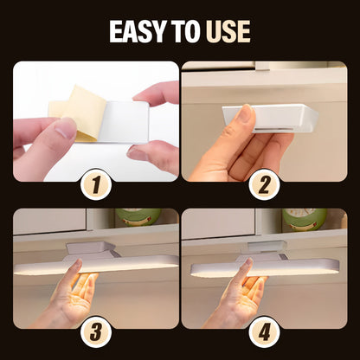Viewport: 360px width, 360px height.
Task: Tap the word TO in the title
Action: pos(186,31)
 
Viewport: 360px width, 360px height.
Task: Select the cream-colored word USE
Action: pos(228,31)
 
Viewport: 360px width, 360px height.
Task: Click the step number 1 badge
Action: pos(96,184)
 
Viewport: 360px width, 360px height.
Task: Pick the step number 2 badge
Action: pos(264,184)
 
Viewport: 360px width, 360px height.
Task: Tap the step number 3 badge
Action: pos(96,332)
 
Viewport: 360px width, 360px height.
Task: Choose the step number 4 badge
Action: pos(264,332)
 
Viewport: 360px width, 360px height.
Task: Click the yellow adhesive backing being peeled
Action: pos(80,112)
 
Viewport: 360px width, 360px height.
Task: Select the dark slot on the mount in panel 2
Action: pos(275,129)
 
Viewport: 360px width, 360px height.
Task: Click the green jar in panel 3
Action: pos(138,217)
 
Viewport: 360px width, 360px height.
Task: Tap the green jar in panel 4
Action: pos(305,219)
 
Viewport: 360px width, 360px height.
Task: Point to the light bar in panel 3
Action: pos(96,265)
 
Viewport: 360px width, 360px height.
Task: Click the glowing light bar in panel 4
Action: pos(265,267)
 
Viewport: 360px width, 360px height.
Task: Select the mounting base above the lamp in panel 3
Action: pos(92,250)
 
